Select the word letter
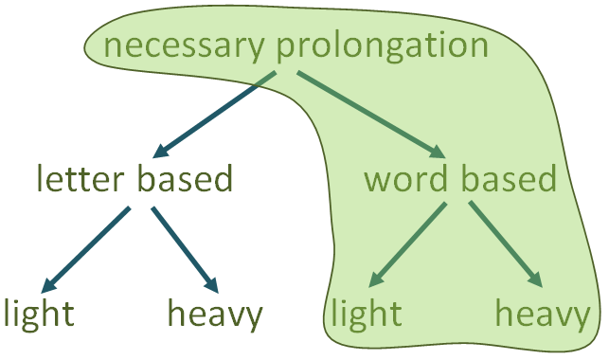[x=80, y=179]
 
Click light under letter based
[x=38, y=314]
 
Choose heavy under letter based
[x=214, y=314]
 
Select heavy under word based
[x=544, y=314]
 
